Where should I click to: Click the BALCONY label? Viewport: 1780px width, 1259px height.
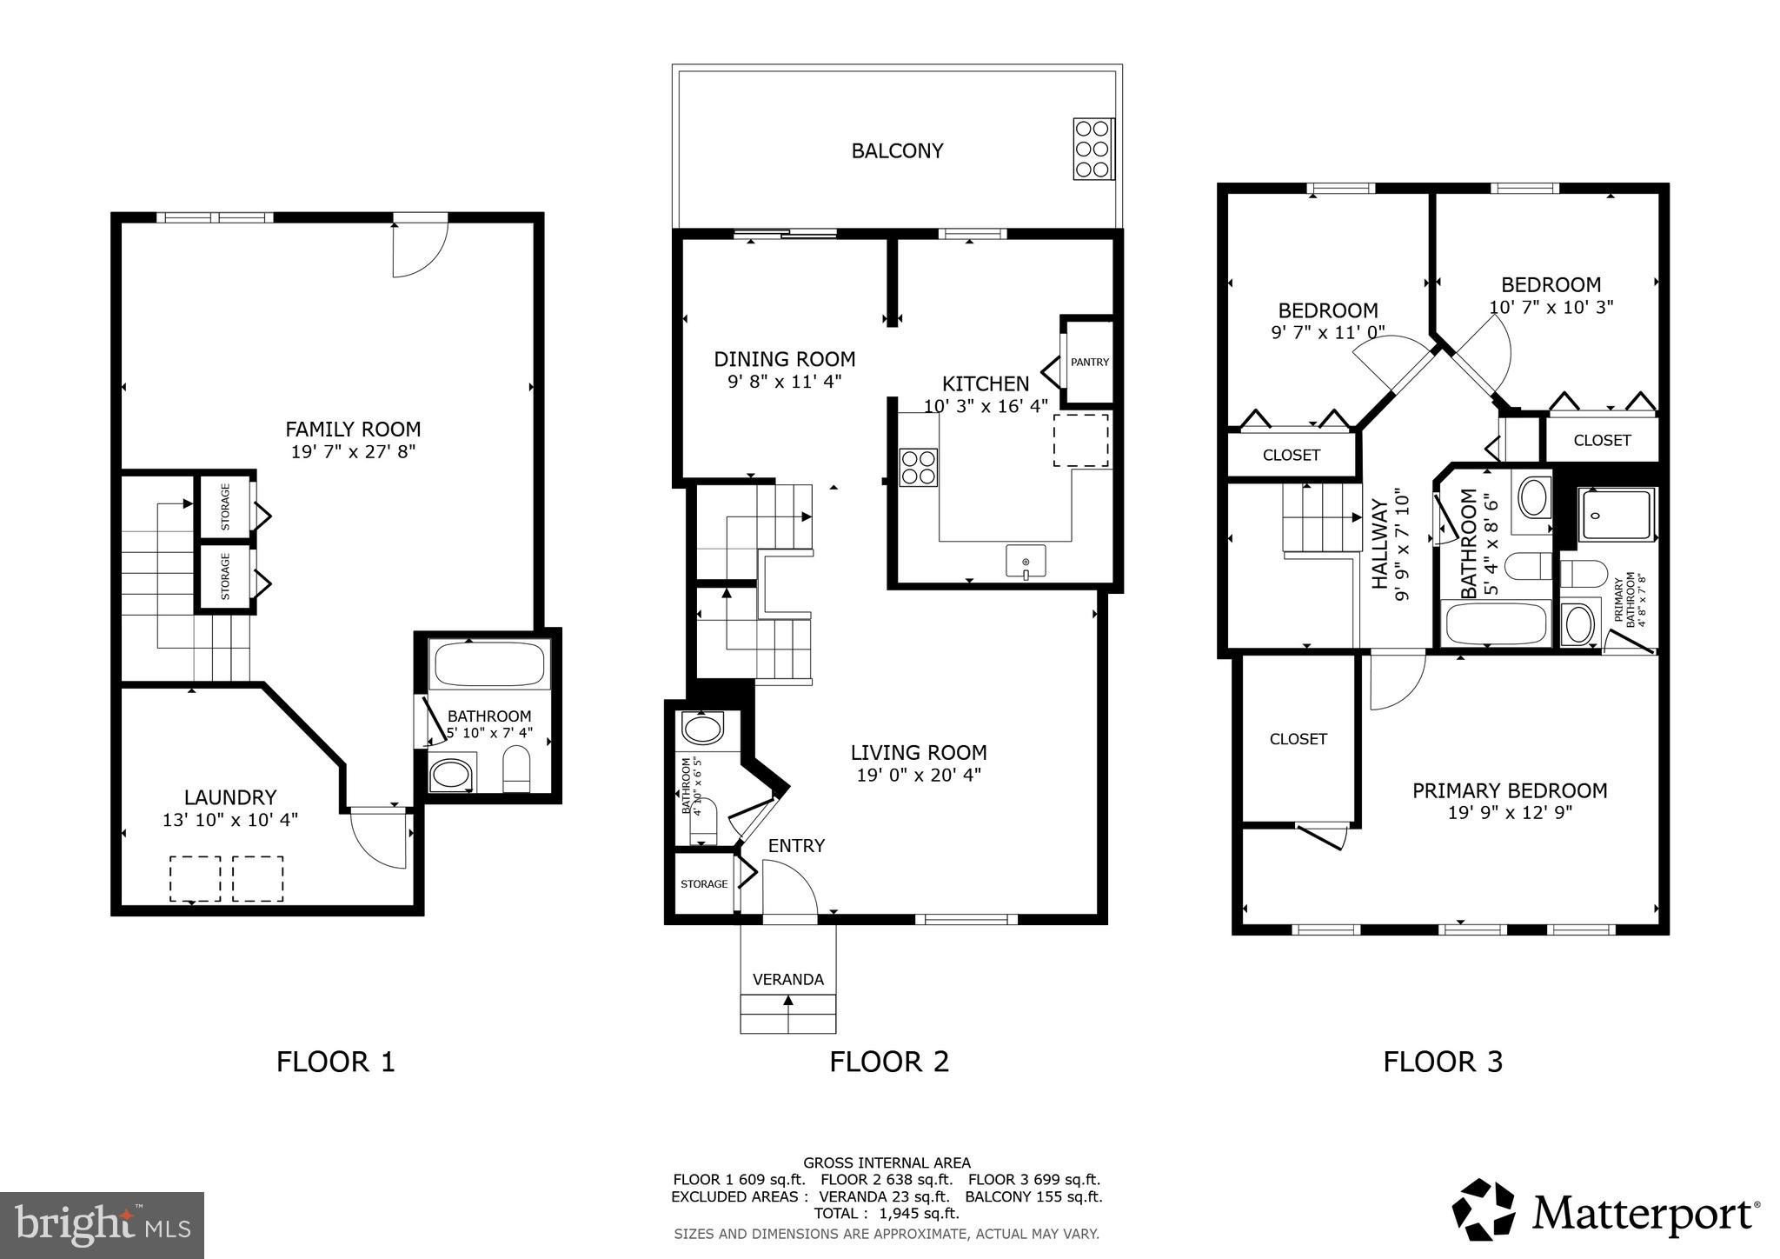(x=897, y=151)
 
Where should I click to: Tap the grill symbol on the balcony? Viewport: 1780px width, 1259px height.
(x=1093, y=149)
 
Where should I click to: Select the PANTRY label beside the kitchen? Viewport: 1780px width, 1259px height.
(x=1089, y=362)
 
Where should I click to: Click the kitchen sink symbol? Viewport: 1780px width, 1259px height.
(x=1026, y=561)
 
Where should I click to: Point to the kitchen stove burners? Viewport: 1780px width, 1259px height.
(x=918, y=467)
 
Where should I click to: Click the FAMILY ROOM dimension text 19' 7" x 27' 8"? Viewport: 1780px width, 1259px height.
(x=353, y=451)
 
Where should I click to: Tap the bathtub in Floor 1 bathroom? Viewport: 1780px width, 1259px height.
(x=489, y=665)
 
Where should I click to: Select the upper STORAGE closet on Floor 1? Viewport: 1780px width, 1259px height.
(x=225, y=507)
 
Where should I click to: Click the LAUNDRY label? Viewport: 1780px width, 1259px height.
(x=230, y=797)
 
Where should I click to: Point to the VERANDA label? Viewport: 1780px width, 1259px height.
(x=787, y=979)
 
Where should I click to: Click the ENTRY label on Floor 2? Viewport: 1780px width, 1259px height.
(x=796, y=846)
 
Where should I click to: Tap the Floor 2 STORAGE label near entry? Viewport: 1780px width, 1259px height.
(x=704, y=884)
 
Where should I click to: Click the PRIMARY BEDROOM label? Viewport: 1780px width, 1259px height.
(x=1509, y=790)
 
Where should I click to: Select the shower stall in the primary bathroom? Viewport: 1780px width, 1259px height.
(x=1617, y=516)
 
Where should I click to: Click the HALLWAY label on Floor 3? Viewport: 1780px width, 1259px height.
(x=1380, y=544)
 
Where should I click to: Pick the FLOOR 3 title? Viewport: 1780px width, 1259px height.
(x=1442, y=1062)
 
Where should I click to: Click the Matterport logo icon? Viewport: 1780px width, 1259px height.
(x=1483, y=1210)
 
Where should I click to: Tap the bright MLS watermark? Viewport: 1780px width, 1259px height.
(x=102, y=1225)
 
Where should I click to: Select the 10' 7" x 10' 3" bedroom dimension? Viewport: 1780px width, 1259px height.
(x=1551, y=307)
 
